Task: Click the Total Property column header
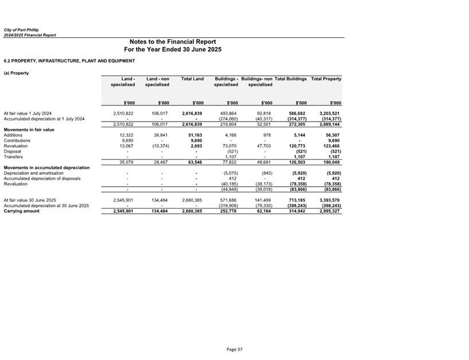tap(326, 78)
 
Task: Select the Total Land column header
tap(192, 78)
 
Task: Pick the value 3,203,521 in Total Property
tap(329, 114)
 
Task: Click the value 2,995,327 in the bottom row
tap(329, 211)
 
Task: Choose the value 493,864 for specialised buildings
tap(228, 114)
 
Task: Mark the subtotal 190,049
tap(331, 162)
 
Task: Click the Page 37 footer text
tap(234, 349)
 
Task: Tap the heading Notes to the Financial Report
tap(173, 42)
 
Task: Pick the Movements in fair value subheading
tap(29, 130)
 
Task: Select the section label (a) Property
tap(16, 73)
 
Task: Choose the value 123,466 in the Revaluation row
tap(331, 146)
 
